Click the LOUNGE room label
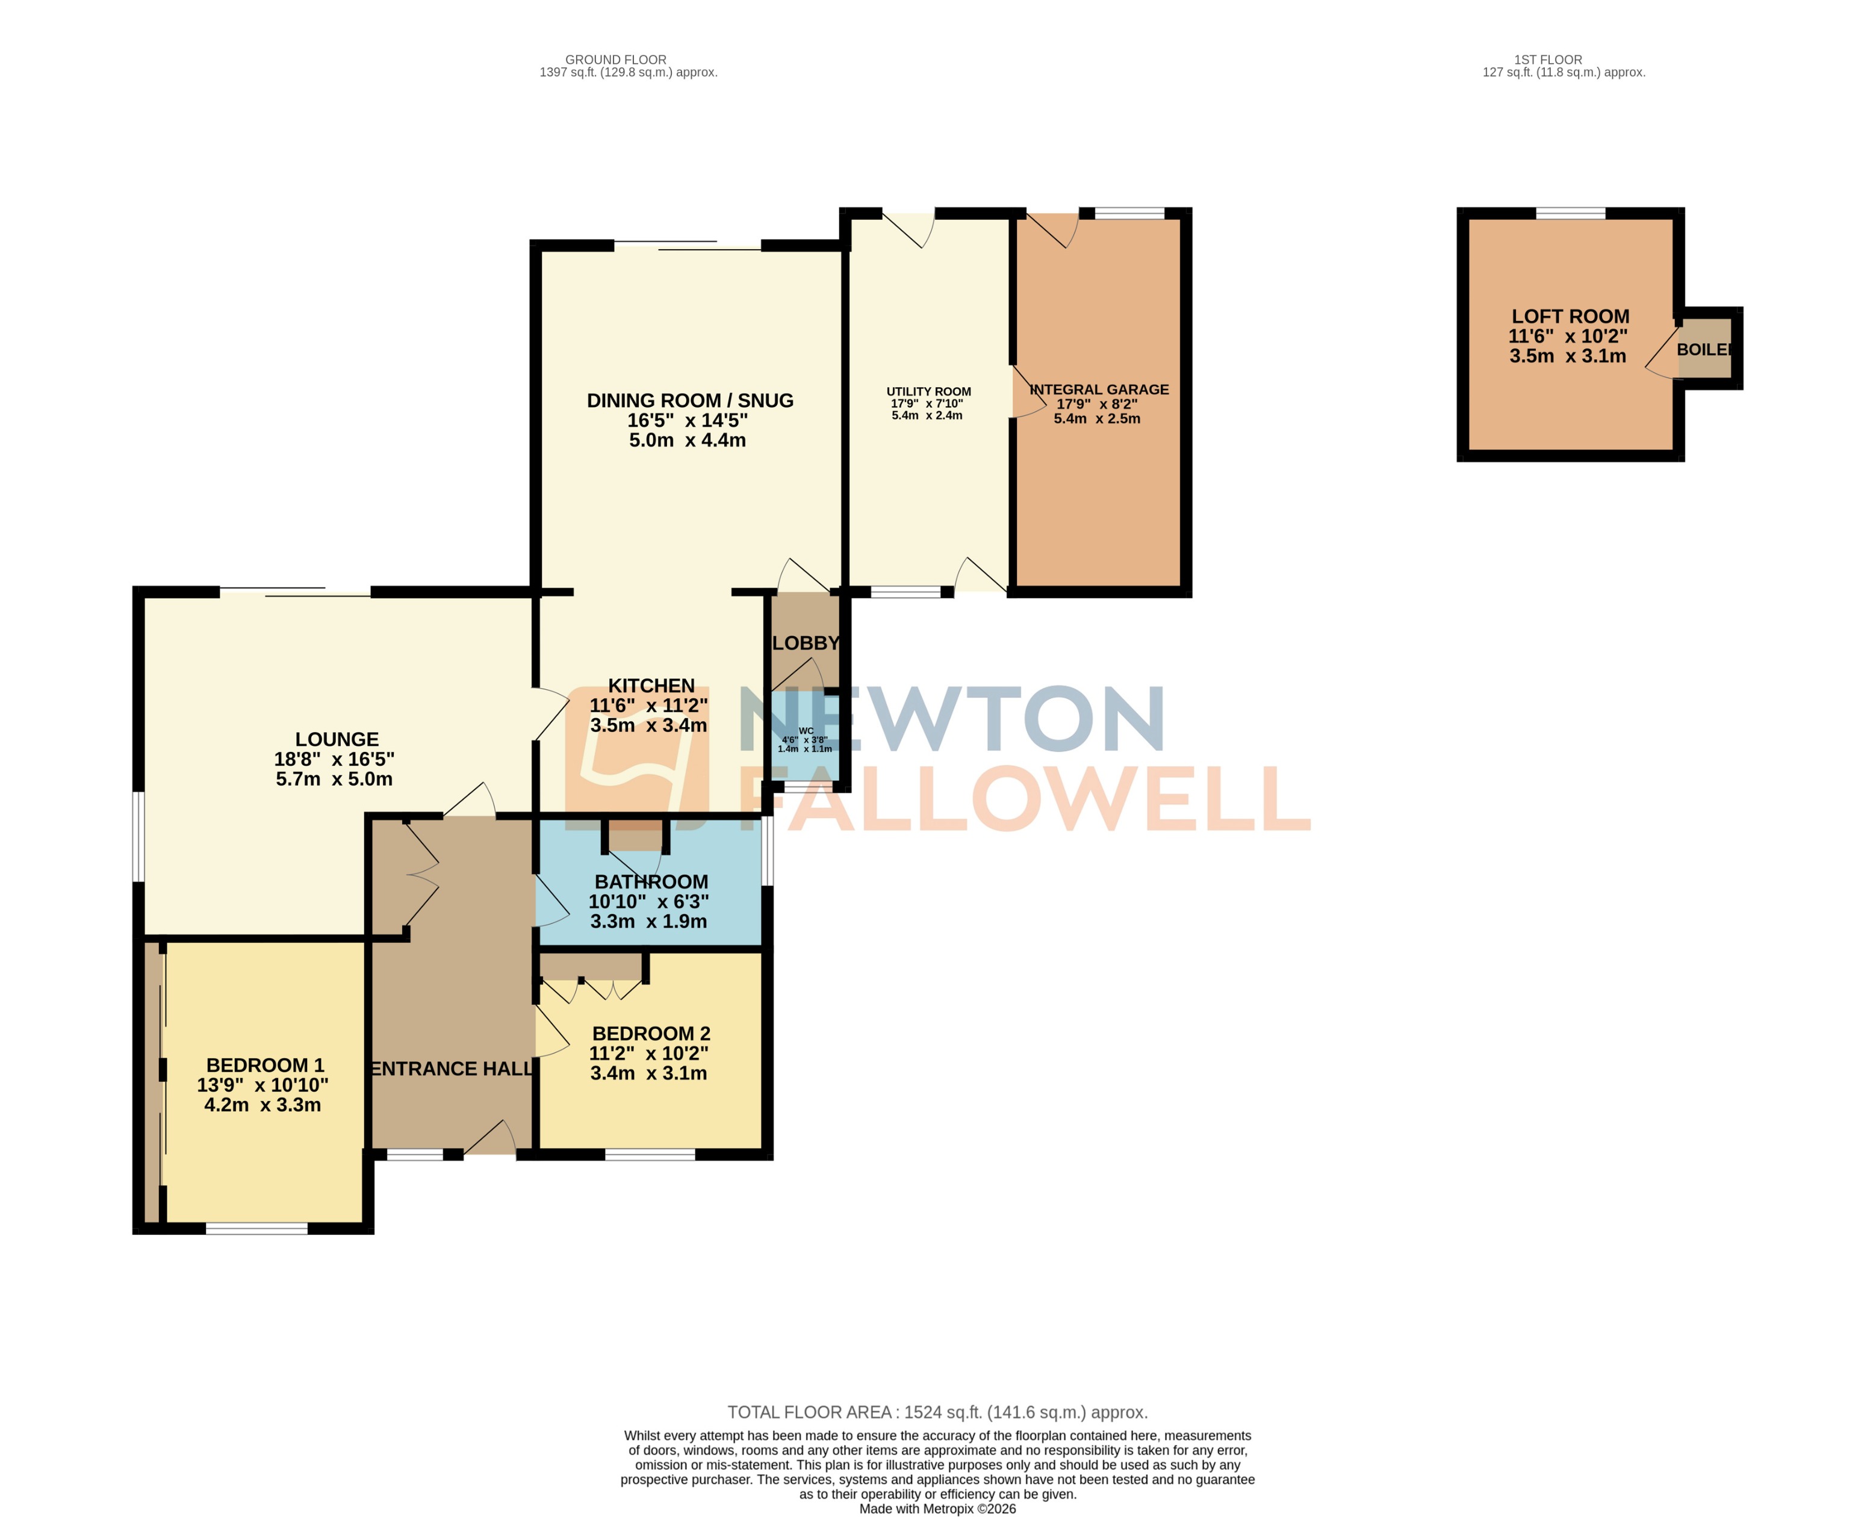point(337,739)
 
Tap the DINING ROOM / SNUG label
point(689,401)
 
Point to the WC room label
point(806,731)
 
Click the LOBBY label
point(806,643)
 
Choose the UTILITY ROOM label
point(928,391)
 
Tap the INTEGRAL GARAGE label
point(1099,389)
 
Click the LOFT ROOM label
point(1570,316)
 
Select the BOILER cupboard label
point(1704,350)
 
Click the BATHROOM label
point(651,882)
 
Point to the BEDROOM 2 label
point(651,1034)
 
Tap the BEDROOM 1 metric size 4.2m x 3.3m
point(262,1105)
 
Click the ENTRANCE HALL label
point(452,1069)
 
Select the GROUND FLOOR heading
point(615,60)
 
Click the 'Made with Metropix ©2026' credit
point(937,1508)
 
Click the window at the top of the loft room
point(1570,213)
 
